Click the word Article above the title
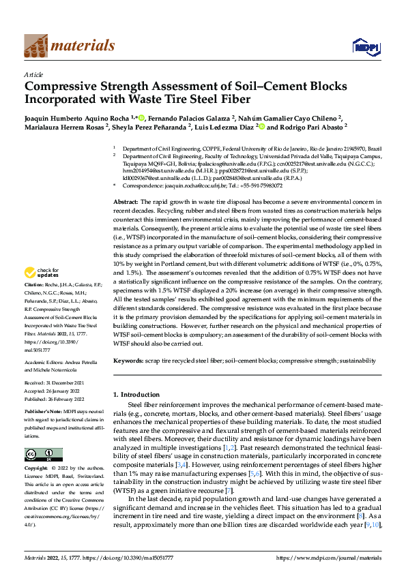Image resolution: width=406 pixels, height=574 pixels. click(x=33, y=74)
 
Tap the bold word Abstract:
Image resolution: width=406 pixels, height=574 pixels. click(x=126, y=202)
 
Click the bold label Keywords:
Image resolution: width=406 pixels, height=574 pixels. click(x=130, y=360)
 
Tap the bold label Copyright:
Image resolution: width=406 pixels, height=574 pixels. click(x=37, y=469)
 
